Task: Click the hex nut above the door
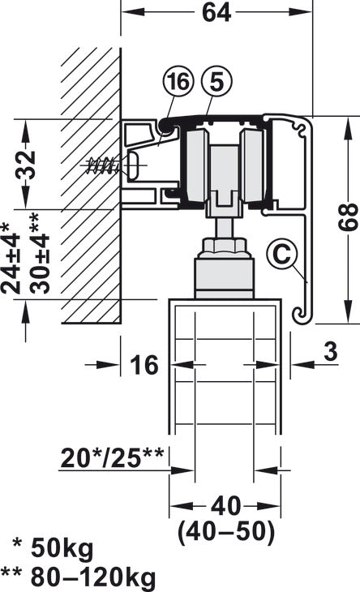pos(221,244)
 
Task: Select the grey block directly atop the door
pos(221,277)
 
